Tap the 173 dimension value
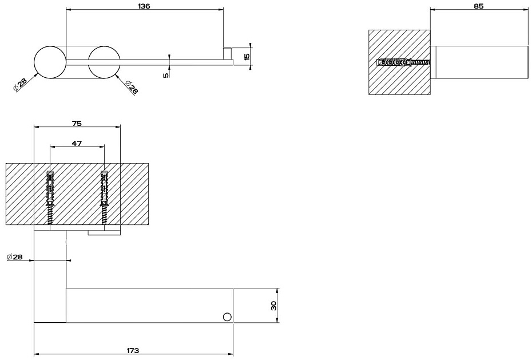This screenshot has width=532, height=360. tap(133, 350)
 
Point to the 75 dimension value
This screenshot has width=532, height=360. tap(77, 123)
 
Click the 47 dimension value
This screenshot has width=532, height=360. tap(77, 143)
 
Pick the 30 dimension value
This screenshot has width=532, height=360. tap(273, 306)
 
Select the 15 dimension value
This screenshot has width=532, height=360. tap(247, 56)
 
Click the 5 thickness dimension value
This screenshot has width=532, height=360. tap(166, 75)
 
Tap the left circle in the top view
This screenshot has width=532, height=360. tap(50, 62)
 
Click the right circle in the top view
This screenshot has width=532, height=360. tap(104, 62)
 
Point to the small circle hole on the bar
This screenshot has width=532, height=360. tap(227, 317)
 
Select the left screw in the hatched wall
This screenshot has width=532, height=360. tap(50, 197)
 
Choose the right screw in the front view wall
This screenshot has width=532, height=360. tap(105, 197)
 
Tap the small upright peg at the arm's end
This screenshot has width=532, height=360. tap(228, 53)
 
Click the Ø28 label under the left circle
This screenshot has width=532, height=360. tap(19, 85)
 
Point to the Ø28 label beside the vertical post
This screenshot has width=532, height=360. tap(15, 257)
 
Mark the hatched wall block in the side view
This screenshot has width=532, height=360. tap(400, 62)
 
